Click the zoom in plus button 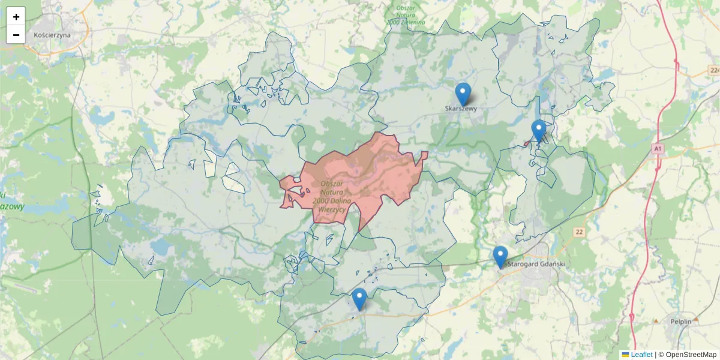point(16,17)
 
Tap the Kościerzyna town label point(52,35)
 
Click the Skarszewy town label point(461,109)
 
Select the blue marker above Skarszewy point(463,94)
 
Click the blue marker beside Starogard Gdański point(500,256)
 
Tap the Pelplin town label point(682,321)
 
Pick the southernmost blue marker point(359,298)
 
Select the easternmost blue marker point(539,130)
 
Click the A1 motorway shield point(658,148)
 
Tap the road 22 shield point(578,232)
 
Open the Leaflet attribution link point(641,355)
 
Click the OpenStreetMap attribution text point(691,355)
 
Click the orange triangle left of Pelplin point(656,321)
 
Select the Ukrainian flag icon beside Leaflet point(625,355)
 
